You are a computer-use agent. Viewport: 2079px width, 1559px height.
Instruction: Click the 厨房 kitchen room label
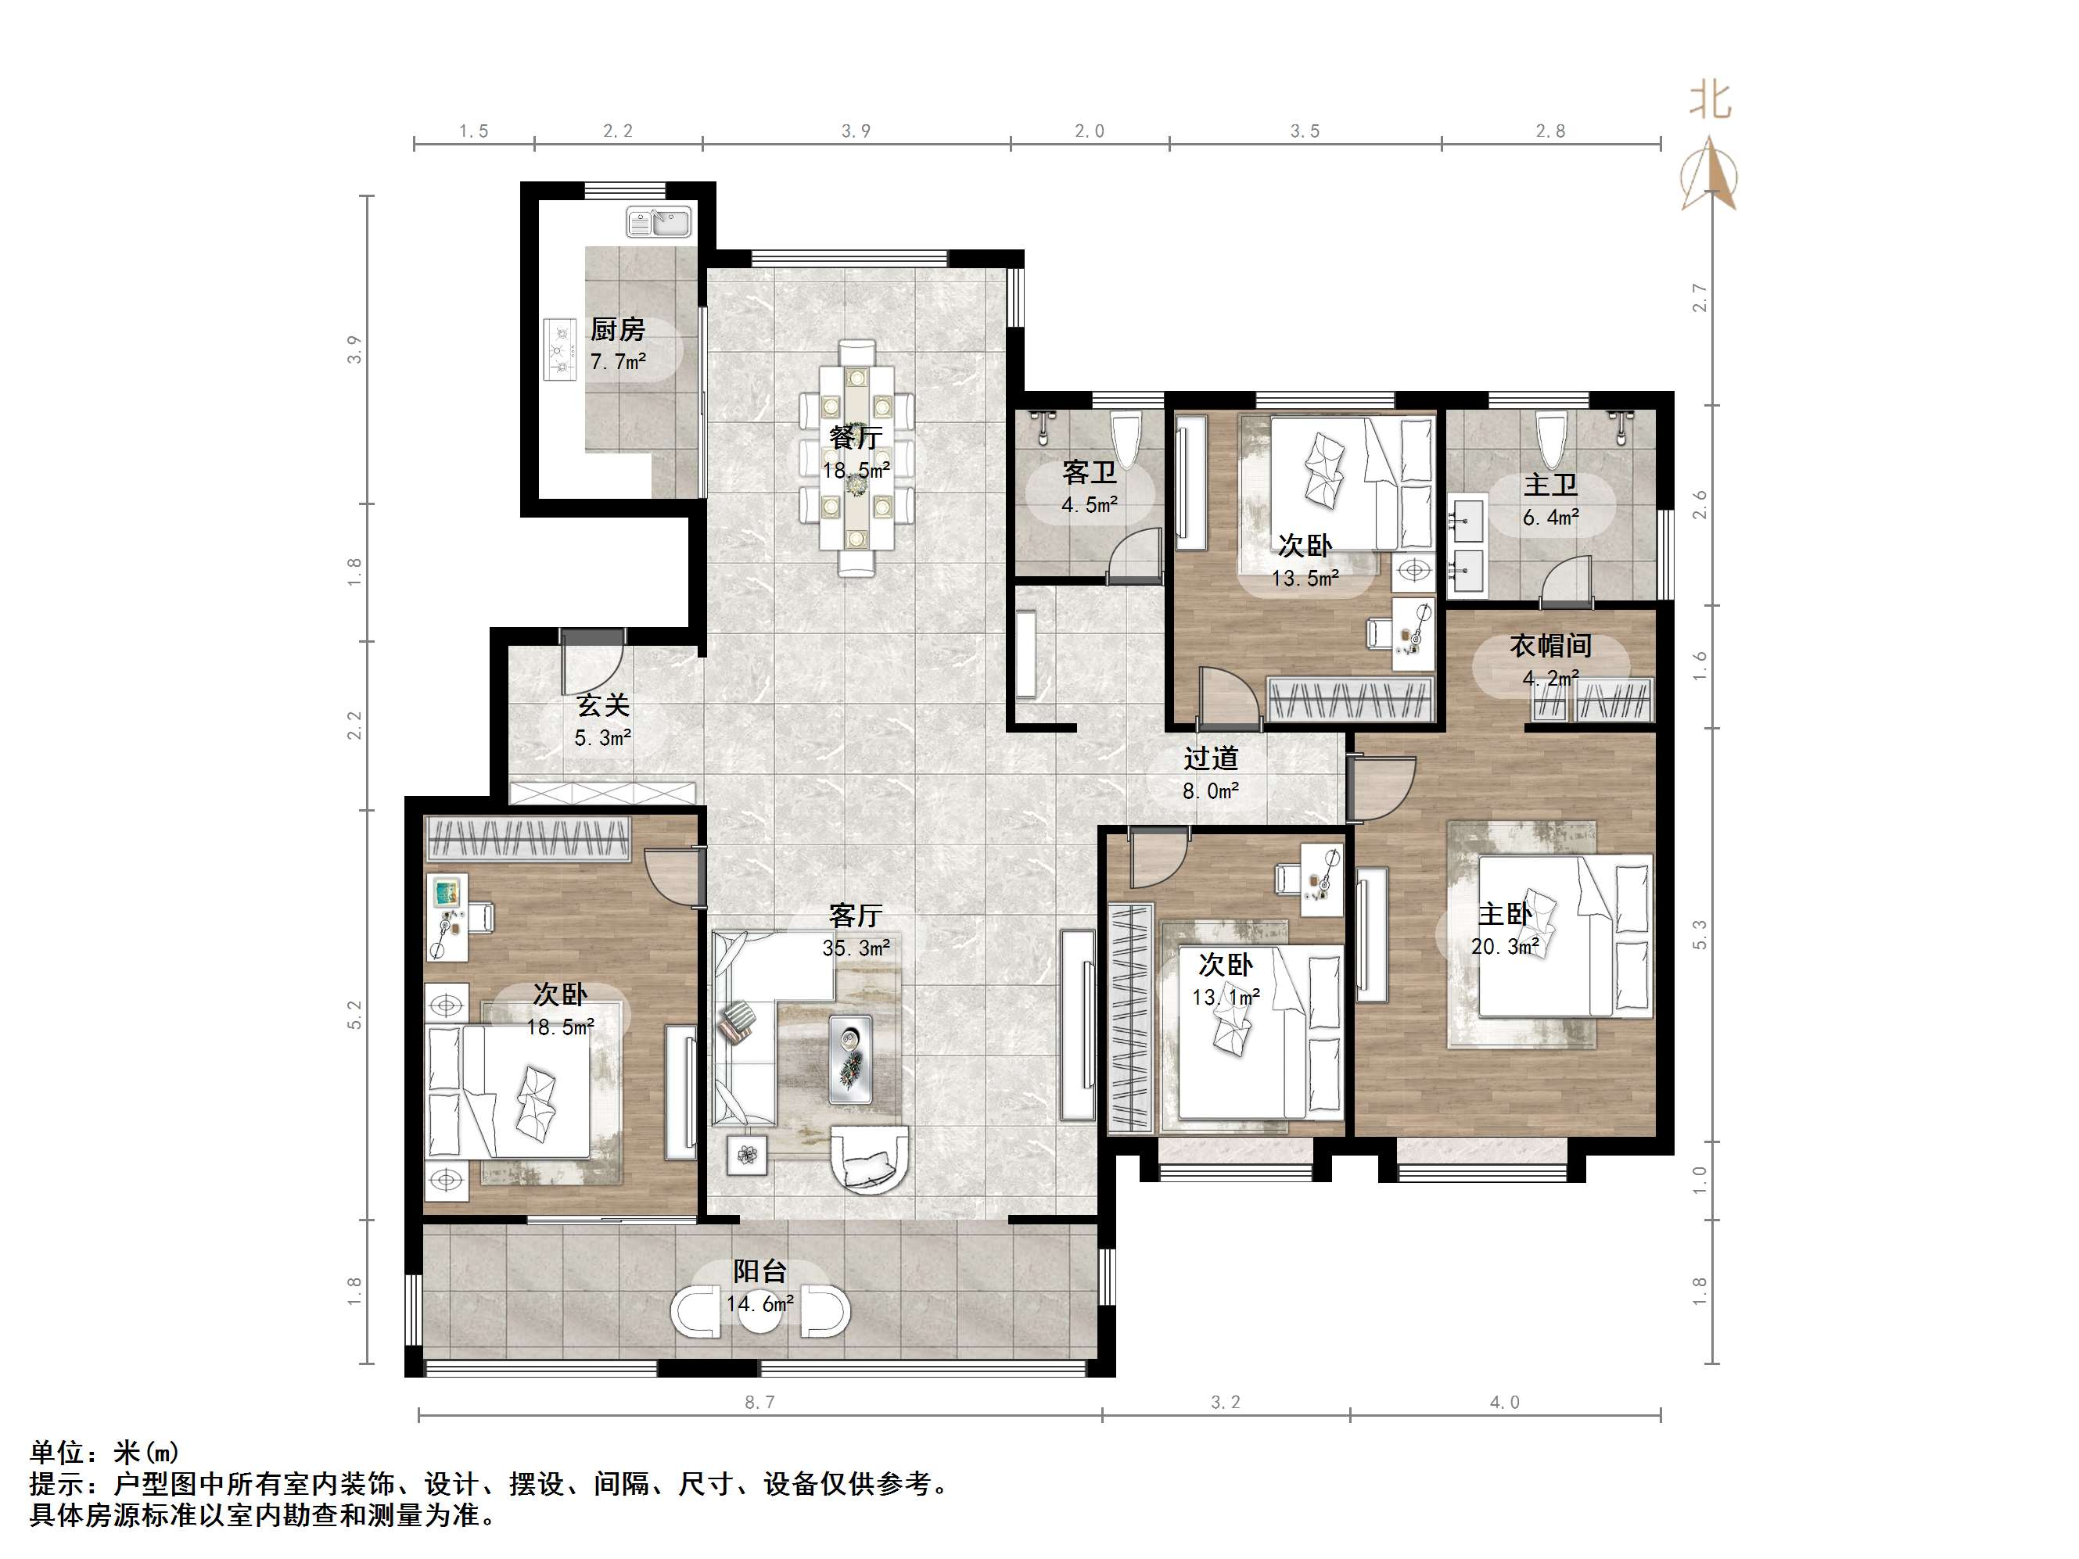coord(617,329)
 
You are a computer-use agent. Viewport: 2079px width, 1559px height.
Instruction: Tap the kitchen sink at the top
coord(659,222)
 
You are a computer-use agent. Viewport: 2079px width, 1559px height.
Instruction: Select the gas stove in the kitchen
coord(561,349)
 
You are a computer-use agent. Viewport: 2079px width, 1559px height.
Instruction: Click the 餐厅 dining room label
coord(855,438)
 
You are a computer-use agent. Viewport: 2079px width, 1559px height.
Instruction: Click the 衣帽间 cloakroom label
coord(1551,646)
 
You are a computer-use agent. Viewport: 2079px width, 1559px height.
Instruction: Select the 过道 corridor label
coord(1211,758)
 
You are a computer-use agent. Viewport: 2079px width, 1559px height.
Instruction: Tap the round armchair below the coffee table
coord(871,1163)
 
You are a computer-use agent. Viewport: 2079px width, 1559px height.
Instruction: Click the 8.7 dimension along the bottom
coord(759,1403)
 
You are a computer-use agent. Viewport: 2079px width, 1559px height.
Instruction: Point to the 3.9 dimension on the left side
coord(354,349)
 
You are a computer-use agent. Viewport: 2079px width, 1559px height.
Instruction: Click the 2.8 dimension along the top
coord(1551,131)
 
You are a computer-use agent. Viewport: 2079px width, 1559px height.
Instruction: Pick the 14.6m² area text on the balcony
coord(759,1303)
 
